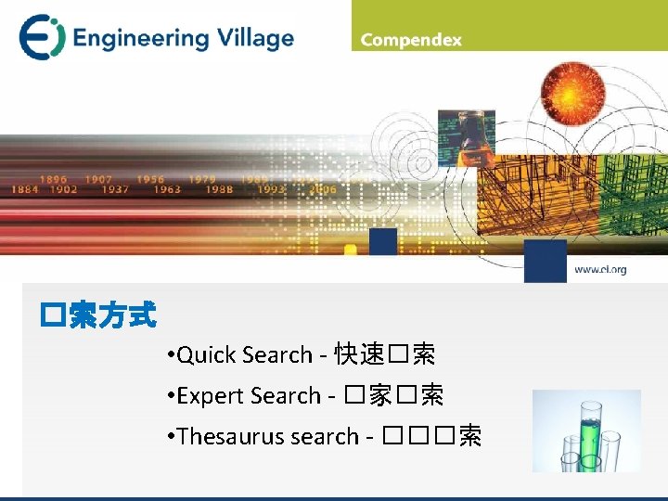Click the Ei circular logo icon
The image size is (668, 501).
tap(42, 37)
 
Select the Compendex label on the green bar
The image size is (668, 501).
tap(411, 40)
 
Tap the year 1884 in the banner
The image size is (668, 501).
tap(25, 189)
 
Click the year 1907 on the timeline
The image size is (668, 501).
tap(98, 179)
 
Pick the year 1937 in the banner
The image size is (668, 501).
tap(116, 189)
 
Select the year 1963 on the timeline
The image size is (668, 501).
tap(167, 189)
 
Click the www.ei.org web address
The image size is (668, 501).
tap(600, 270)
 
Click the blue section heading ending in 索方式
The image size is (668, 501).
tap(97, 316)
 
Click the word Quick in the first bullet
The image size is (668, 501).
tap(207, 354)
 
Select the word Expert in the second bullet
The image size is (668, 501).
tap(210, 395)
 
